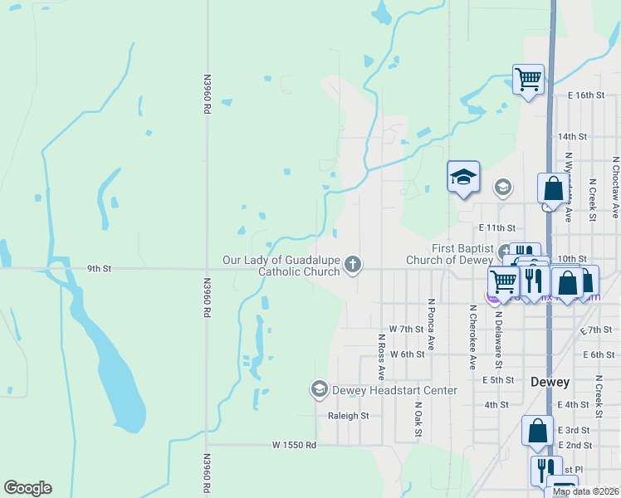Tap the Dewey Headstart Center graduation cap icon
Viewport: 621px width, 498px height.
[319, 389]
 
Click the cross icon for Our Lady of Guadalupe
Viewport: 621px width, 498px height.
[353, 265]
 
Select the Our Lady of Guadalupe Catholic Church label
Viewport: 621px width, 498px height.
[281, 266]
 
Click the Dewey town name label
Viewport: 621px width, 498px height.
[550, 382]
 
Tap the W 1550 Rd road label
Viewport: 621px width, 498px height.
[294, 445]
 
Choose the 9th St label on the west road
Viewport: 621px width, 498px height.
[99, 268]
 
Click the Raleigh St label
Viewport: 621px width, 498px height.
[348, 416]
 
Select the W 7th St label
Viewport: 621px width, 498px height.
[406, 330]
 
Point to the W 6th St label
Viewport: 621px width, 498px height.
[407, 354]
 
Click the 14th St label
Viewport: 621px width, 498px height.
[572, 136]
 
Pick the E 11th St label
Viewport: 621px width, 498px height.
[496, 227]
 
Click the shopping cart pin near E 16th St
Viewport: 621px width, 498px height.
[529, 80]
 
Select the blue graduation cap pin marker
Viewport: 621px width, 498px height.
[463, 177]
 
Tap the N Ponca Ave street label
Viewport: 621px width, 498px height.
[431, 325]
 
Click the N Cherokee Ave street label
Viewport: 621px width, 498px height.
[472, 337]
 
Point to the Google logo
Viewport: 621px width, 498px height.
[27, 488]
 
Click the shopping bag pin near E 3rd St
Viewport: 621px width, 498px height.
[537, 430]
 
